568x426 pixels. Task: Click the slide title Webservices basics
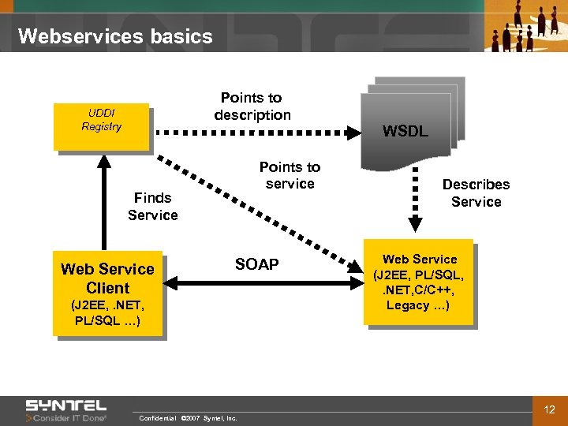pyautogui.click(x=115, y=36)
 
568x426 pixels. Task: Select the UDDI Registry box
pyautogui.click(x=101, y=126)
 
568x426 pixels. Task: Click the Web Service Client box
pyautogui.click(x=107, y=293)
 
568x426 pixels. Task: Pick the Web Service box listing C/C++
pyautogui.click(x=418, y=282)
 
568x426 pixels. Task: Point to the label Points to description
pyautogui.click(x=252, y=106)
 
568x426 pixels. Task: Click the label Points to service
pyautogui.click(x=290, y=175)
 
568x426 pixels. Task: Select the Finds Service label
pyautogui.click(x=152, y=207)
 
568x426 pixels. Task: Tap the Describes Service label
pyautogui.click(x=476, y=192)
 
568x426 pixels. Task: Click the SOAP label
pyautogui.click(x=257, y=264)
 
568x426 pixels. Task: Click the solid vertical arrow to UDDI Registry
pyautogui.click(x=102, y=201)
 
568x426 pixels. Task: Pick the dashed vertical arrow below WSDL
pyautogui.click(x=413, y=203)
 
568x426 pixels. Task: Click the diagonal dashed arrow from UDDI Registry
pyautogui.click(x=252, y=209)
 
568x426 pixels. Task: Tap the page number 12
pyautogui.click(x=550, y=409)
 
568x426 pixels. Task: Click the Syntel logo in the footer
pyautogui.click(x=66, y=410)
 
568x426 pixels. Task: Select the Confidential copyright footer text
pyautogui.click(x=188, y=418)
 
